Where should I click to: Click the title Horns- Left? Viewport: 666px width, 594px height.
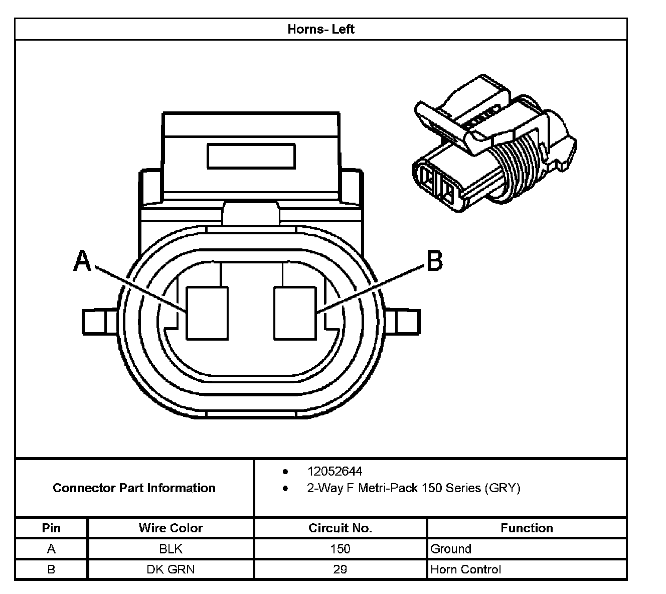pos(321,29)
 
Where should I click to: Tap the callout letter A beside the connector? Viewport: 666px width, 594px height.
pos(82,261)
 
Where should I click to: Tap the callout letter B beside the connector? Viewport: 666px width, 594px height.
pos(434,261)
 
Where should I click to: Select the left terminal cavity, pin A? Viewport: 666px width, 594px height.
pos(207,313)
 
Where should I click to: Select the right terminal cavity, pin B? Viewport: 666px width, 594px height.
pos(295,313)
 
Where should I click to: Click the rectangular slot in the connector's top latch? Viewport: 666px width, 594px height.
pos(251,156)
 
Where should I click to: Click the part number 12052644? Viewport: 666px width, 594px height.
pos(335,471)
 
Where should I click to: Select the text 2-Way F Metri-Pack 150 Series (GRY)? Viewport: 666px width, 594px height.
pos(413,488)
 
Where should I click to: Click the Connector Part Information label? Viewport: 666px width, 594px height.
pos(134,488)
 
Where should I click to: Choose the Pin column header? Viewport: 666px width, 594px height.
pos(51,528)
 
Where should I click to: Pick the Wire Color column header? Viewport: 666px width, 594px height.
pos(171,528)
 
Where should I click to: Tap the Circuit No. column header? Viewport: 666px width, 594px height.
pos(340,528)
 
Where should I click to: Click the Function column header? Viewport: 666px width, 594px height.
pos(527,528)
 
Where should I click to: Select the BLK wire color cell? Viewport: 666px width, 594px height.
pos(171,549)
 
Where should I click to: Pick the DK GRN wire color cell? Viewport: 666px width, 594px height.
pos(171,569)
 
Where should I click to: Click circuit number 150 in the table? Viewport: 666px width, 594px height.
pos(340,549)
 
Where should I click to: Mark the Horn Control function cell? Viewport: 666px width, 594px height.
pos(465,569)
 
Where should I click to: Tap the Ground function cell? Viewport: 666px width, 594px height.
pos(450,549)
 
